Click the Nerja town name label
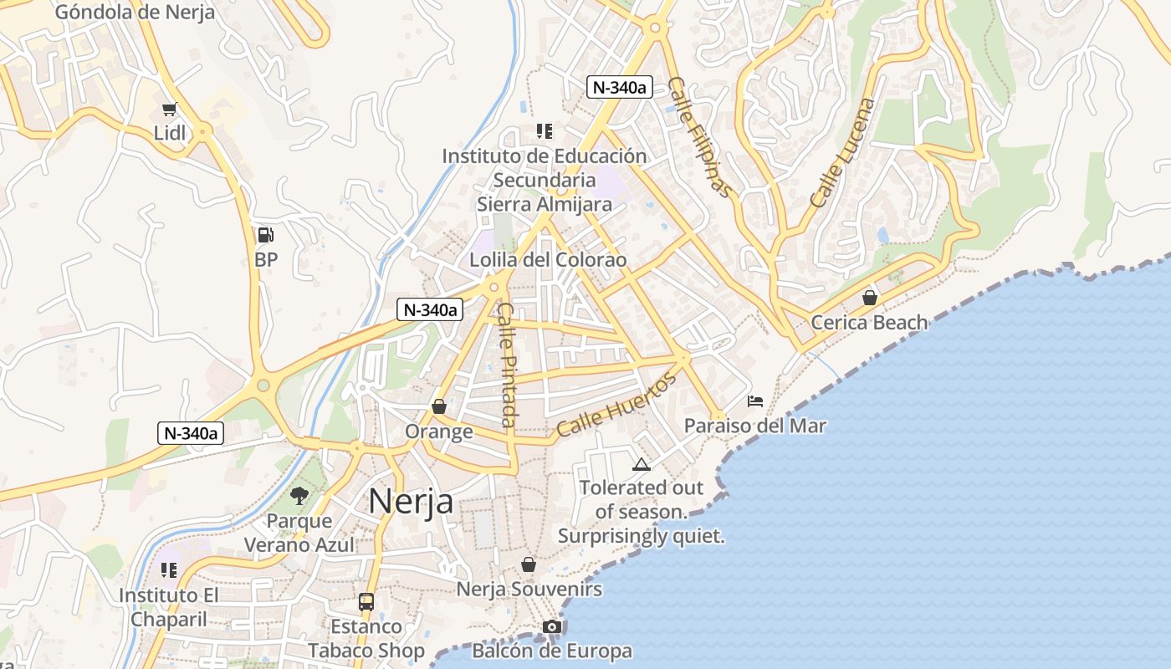(x=411, y=501)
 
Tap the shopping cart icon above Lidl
(x=170, y=109)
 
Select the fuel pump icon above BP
(x=265, y=236)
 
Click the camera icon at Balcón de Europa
(x=551, y=626)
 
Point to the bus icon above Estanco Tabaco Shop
(x=366, y=601)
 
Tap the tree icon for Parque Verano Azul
(x=299, y=496)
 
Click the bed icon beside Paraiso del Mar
(x=755, y=401)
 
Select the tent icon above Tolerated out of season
(x=642, y=464)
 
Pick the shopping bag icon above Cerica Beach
(x=870, y=298)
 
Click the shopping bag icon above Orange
(x=438, y=407)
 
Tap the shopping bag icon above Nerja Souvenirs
(x=528, y=564)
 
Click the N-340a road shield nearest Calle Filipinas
(x=619, y=87)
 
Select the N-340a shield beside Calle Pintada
(x=430, y=309)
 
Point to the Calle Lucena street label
(x=842, y=153)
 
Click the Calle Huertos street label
(x=616, y=406)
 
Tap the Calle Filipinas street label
(x=700, y=137)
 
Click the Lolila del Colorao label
(x=548, y=260)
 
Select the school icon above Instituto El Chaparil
(x=169, y=570)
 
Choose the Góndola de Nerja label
(x=135, y=12)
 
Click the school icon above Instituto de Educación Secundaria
(x=545, y=131)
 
